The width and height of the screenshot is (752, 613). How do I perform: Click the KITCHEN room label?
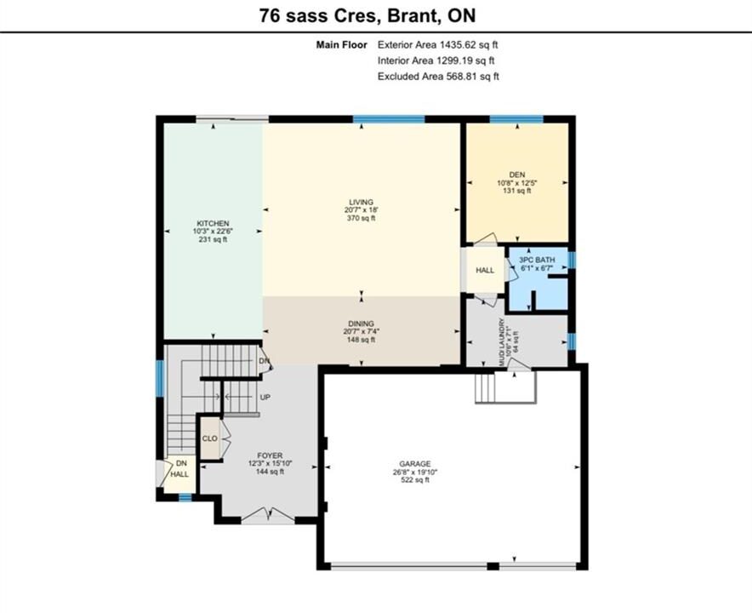213,223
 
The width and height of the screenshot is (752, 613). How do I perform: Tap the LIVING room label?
362,202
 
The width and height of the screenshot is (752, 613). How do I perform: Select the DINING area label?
362,324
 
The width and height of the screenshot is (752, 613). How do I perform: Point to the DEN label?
517,175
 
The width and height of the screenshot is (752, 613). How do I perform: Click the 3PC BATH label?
537,260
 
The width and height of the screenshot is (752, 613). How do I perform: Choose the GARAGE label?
415,464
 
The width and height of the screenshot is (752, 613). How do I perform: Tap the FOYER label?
270,455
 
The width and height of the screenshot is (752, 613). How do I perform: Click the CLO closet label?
209,438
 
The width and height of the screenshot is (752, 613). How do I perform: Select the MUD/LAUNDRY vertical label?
502,342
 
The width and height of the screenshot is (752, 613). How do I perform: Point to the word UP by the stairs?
265,398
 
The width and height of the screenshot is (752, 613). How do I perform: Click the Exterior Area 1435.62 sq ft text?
438,44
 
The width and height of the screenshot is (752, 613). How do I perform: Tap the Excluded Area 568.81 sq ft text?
438,77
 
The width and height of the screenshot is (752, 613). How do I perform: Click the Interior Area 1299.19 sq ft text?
436,60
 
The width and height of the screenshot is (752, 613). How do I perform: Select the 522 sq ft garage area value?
415,479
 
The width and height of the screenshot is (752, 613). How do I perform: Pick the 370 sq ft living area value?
362,218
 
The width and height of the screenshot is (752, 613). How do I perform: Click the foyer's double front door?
268,516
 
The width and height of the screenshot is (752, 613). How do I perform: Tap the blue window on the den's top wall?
516,119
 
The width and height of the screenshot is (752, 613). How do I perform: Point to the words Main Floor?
341,44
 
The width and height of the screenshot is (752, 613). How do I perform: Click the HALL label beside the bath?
485,270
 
